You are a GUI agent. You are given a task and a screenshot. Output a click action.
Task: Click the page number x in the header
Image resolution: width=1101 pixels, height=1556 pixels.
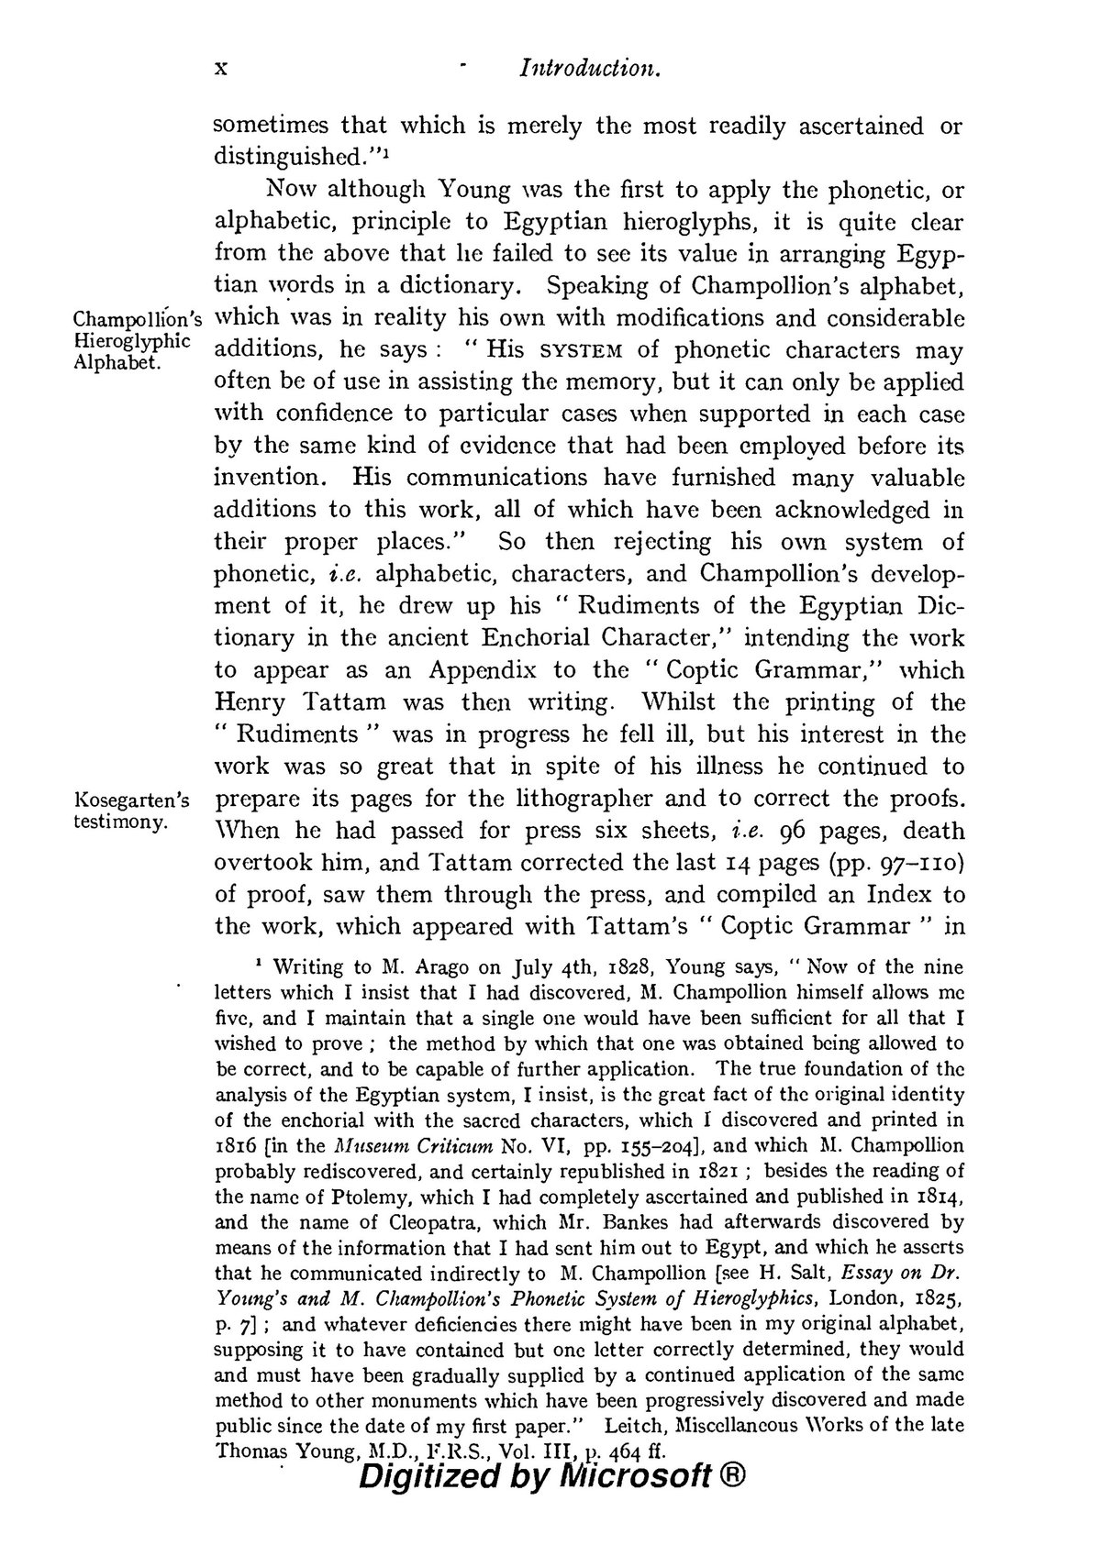click(x=220, y=70)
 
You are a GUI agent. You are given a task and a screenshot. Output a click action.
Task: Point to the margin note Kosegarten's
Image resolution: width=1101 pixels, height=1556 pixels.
click(x=131, y=800)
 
